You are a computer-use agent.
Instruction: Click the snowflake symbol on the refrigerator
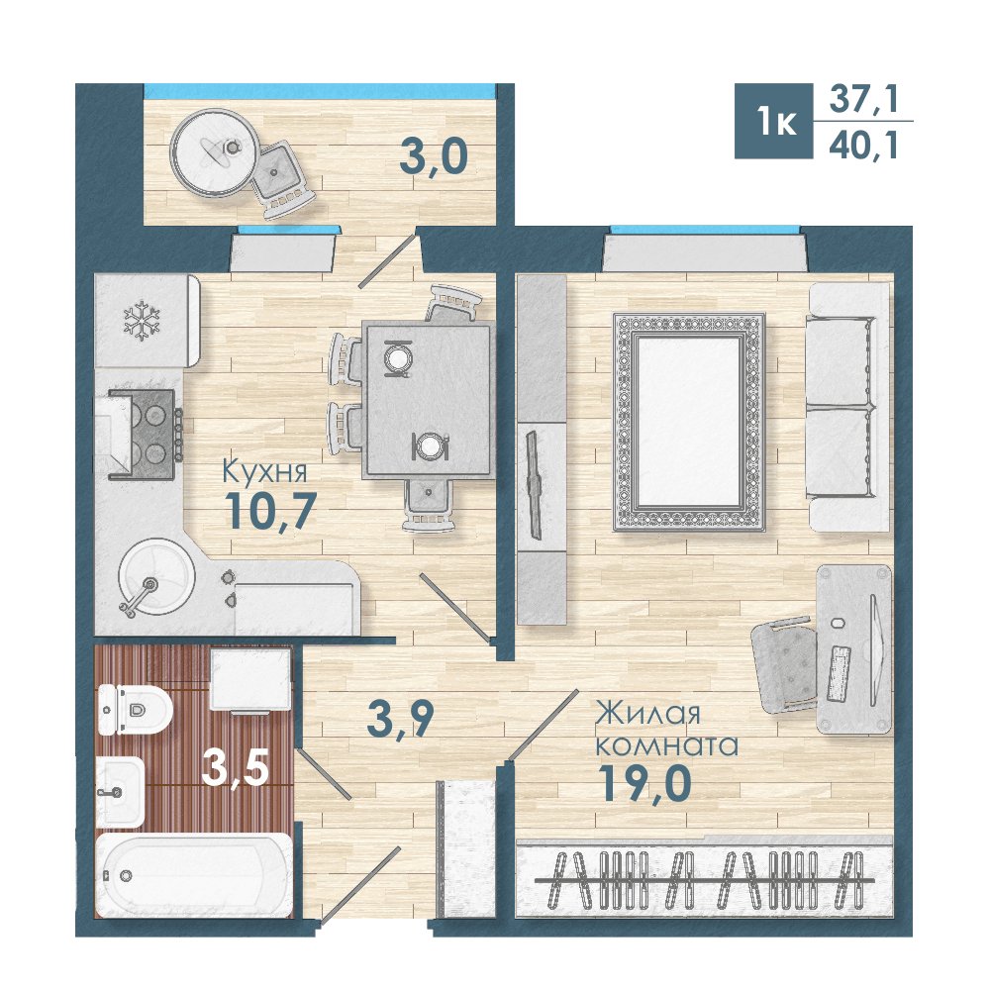(142, 322)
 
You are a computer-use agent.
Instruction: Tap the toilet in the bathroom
(135, 710)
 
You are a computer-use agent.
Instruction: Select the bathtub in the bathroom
(194, 875)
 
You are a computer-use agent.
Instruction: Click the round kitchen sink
(156, 576)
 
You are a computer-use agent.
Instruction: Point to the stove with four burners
(145, 435)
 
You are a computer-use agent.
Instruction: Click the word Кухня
(265, 471)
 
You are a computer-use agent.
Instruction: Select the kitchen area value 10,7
(270, 511)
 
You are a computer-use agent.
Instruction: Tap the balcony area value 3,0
(434, 156)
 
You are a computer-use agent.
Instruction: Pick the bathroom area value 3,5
(236, 768)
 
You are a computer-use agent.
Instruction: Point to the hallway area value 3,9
(400, 721)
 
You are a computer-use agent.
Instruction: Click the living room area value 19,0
(644, 783)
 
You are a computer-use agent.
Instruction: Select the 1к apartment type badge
(774, 121)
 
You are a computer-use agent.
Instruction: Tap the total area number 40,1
(863, 146)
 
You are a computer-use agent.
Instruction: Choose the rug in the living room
(689, 422)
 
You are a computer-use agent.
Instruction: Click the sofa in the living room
(849, 407)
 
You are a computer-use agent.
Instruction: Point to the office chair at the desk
(783, 665)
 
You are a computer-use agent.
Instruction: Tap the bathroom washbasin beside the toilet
(121, 792)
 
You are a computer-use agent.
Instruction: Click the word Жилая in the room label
(648, 714)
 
